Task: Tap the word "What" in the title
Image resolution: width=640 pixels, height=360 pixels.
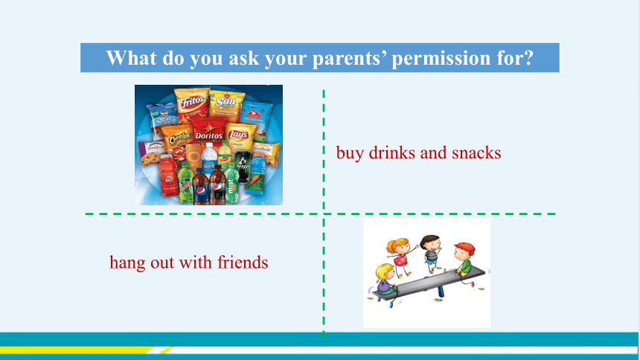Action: coord(132,57)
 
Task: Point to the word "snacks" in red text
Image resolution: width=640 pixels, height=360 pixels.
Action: coord(476,152)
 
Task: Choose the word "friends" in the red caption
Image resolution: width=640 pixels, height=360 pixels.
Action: coord(243,262)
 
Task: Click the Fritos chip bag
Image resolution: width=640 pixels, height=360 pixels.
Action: coord(192,103)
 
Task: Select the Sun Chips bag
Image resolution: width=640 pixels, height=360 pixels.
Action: coord(226,106)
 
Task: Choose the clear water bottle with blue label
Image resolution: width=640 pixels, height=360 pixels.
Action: coord(209,159)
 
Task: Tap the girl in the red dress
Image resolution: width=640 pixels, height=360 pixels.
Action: coord(400,255)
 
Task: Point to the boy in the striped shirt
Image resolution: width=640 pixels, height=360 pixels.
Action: coord(432,253)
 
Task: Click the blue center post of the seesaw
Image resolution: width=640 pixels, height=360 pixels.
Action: coord(440,290)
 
